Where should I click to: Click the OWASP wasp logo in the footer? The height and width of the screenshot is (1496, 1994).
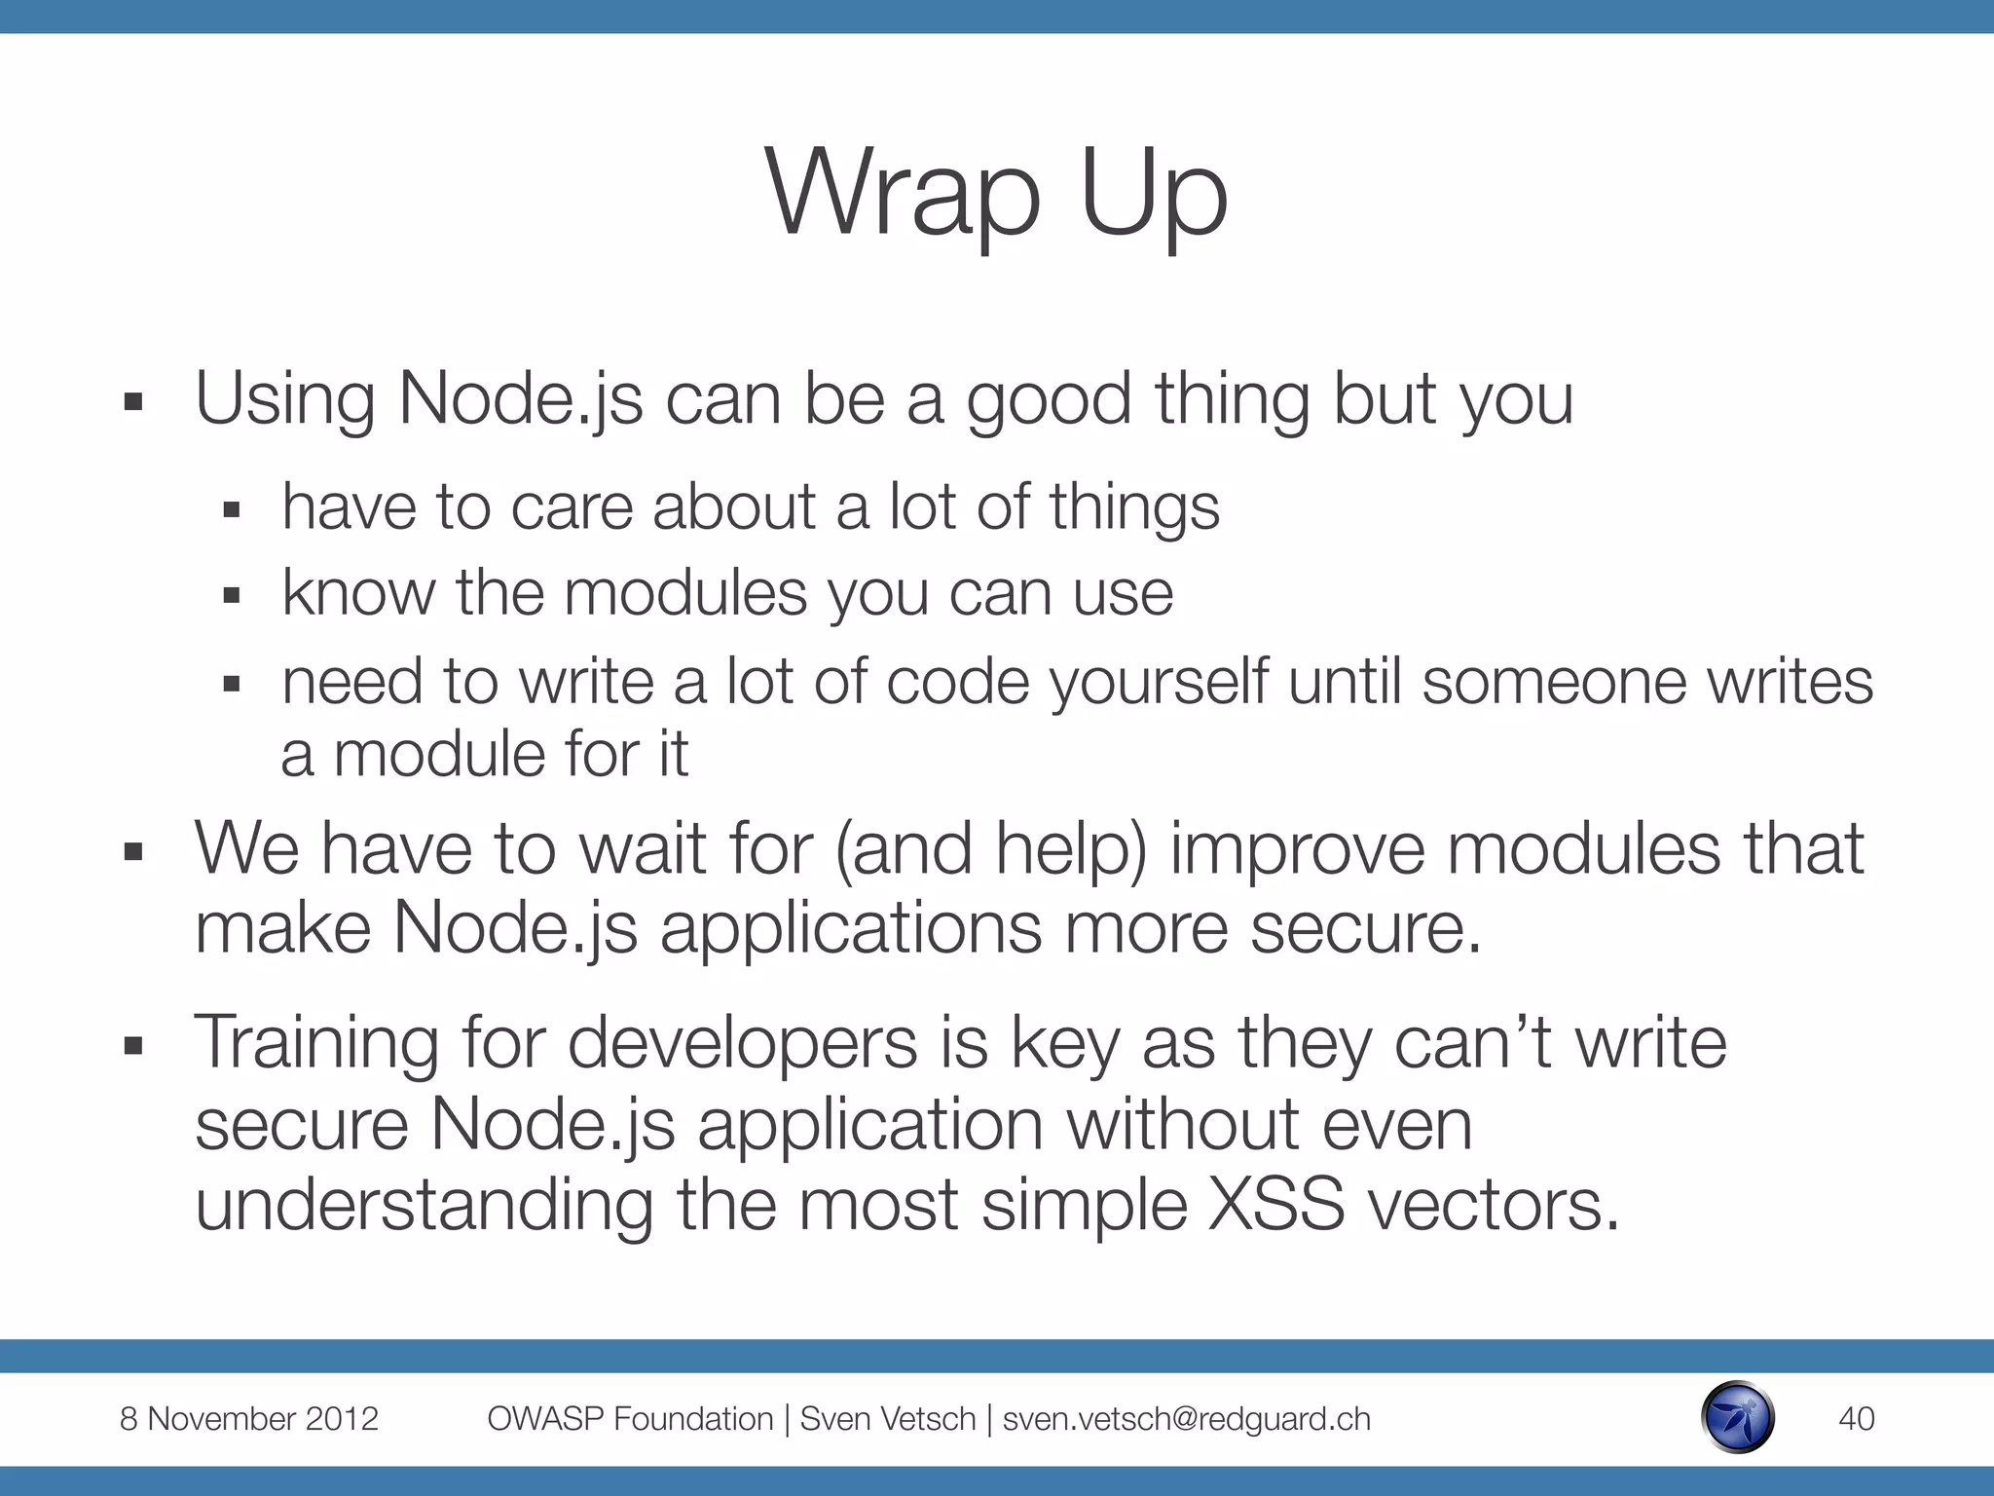click(x=1738, y=1417)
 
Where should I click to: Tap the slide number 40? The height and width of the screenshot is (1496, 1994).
click(x=1856, y=1418)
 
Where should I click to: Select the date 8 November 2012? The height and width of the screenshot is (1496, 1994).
click(x=248, y=1418)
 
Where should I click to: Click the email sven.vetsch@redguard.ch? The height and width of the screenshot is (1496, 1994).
click(x=1186, y=1419)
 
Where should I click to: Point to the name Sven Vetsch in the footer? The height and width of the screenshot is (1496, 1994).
click(x=887, y=1419)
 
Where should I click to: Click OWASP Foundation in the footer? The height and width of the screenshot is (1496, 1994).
click(x=630, y=1419)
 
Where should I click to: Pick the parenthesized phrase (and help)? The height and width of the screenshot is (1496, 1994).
click(x=991, y=849)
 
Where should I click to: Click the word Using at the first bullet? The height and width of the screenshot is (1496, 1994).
click(x=284, y=399)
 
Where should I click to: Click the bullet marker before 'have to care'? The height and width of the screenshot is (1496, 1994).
click(x=231, y=509)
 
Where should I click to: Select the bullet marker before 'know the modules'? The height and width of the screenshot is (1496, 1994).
click(x=231, y=595)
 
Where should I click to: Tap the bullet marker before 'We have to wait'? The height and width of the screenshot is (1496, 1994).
click(x=134, y=853)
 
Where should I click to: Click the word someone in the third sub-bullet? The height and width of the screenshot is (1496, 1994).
click(x=1554, y=681)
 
